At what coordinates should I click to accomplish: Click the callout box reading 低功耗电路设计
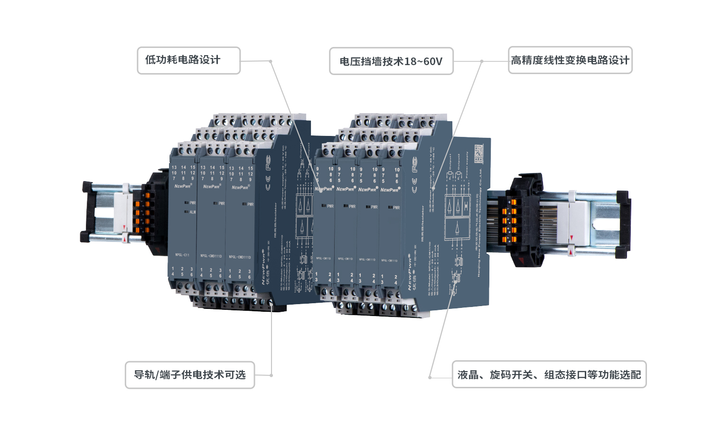click(188, 60)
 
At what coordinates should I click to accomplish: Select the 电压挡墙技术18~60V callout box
click(391, 61)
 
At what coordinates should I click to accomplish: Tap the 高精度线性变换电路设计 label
click(570, 60)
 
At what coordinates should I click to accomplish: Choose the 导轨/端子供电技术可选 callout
click(189, 375)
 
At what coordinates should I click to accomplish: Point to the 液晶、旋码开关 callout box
click(549, 375)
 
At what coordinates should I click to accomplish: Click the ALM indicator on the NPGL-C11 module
click(190, 212)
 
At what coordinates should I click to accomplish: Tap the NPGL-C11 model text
click(182, 255)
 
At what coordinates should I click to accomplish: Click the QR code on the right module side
click(478, 154)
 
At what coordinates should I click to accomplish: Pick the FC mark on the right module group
click(415, 164)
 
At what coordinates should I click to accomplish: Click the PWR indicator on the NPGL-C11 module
click(190, 203)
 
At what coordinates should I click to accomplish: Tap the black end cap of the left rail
click(87, 211)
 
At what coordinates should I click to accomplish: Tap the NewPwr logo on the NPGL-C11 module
click(182, 186)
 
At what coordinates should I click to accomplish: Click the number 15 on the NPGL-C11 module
click(193, 167)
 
